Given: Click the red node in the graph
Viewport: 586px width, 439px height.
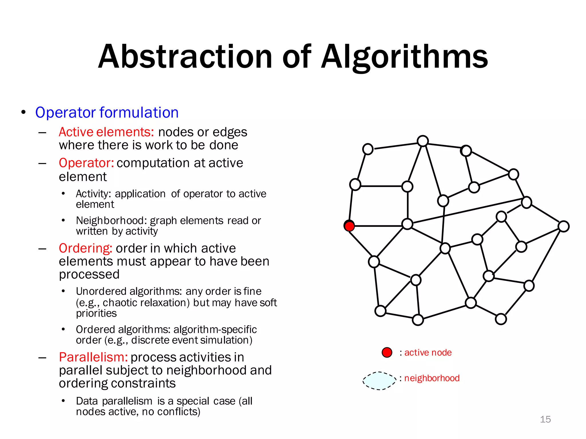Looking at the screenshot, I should click(x=349, y=226).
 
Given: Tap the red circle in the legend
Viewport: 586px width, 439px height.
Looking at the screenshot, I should click(x=387, y=352).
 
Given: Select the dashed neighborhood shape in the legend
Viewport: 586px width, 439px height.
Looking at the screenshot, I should click(x=379, y=381).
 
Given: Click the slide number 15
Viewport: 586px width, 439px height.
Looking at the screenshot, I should click(x=545, y=419).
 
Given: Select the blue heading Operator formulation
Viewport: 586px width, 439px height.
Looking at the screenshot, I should click(x=107, y=112).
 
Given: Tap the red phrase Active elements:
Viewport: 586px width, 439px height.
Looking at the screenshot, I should click(x=106, y=132).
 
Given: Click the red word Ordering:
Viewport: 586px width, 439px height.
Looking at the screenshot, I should click(x=85, y=248).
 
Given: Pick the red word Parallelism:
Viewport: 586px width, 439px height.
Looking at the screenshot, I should click(x=93, y=357).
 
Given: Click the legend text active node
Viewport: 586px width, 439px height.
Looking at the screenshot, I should click(x=428, y=352).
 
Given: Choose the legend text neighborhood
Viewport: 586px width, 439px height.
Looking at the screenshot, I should click(x=432, y=378).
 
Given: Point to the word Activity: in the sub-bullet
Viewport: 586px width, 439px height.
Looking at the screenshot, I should click(x=93, y=194).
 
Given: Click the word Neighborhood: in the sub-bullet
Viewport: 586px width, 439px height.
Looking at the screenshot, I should click(x=111, y=221).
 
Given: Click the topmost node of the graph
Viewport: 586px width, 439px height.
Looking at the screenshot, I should click(x=423, y=141).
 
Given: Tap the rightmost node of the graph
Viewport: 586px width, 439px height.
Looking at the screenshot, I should click(x=564, y=226).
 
